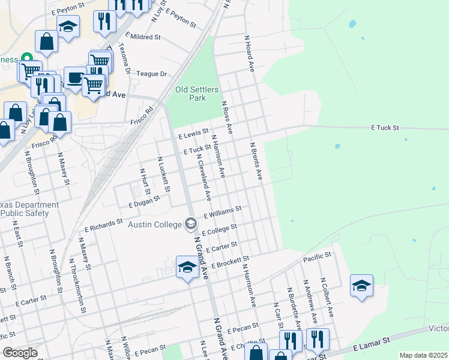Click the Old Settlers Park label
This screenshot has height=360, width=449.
190,94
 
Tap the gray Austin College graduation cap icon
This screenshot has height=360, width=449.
190,224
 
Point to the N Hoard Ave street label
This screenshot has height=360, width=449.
250,53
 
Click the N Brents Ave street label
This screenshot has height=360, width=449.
256,161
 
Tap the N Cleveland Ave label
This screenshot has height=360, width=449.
203,174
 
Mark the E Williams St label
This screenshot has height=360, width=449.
223,212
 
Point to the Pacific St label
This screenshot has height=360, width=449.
317,256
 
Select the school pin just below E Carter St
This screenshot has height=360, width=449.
187,266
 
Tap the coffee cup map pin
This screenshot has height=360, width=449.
75,77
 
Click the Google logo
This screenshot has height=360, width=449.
20,353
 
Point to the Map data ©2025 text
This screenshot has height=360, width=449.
423,355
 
